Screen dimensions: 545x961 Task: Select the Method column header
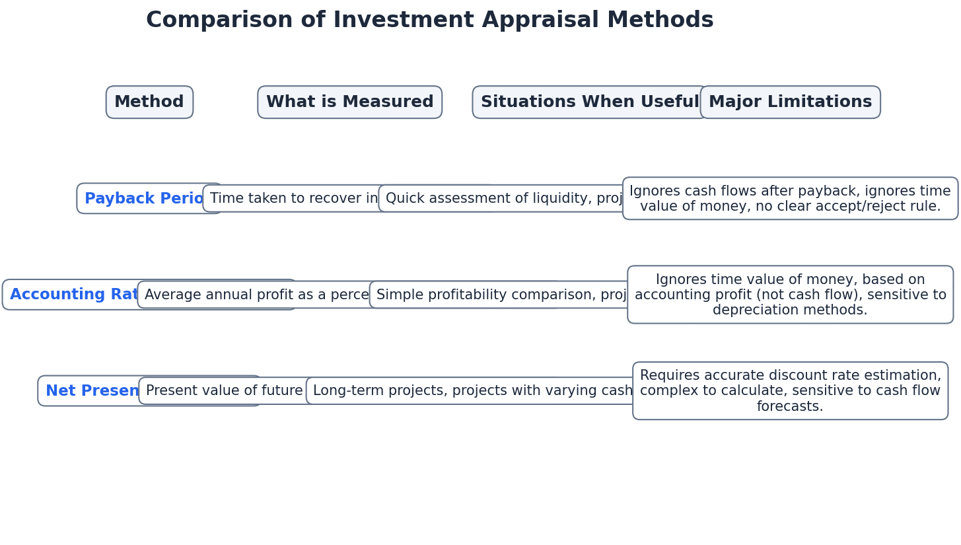coord(149,102)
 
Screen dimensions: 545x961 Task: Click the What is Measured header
coord(349,102)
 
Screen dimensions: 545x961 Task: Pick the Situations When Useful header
coord(589,102)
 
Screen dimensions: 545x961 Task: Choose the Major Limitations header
coord(790,102)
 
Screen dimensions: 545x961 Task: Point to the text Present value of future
coord(224,391)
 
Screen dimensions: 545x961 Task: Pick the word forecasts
coord(790,407)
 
